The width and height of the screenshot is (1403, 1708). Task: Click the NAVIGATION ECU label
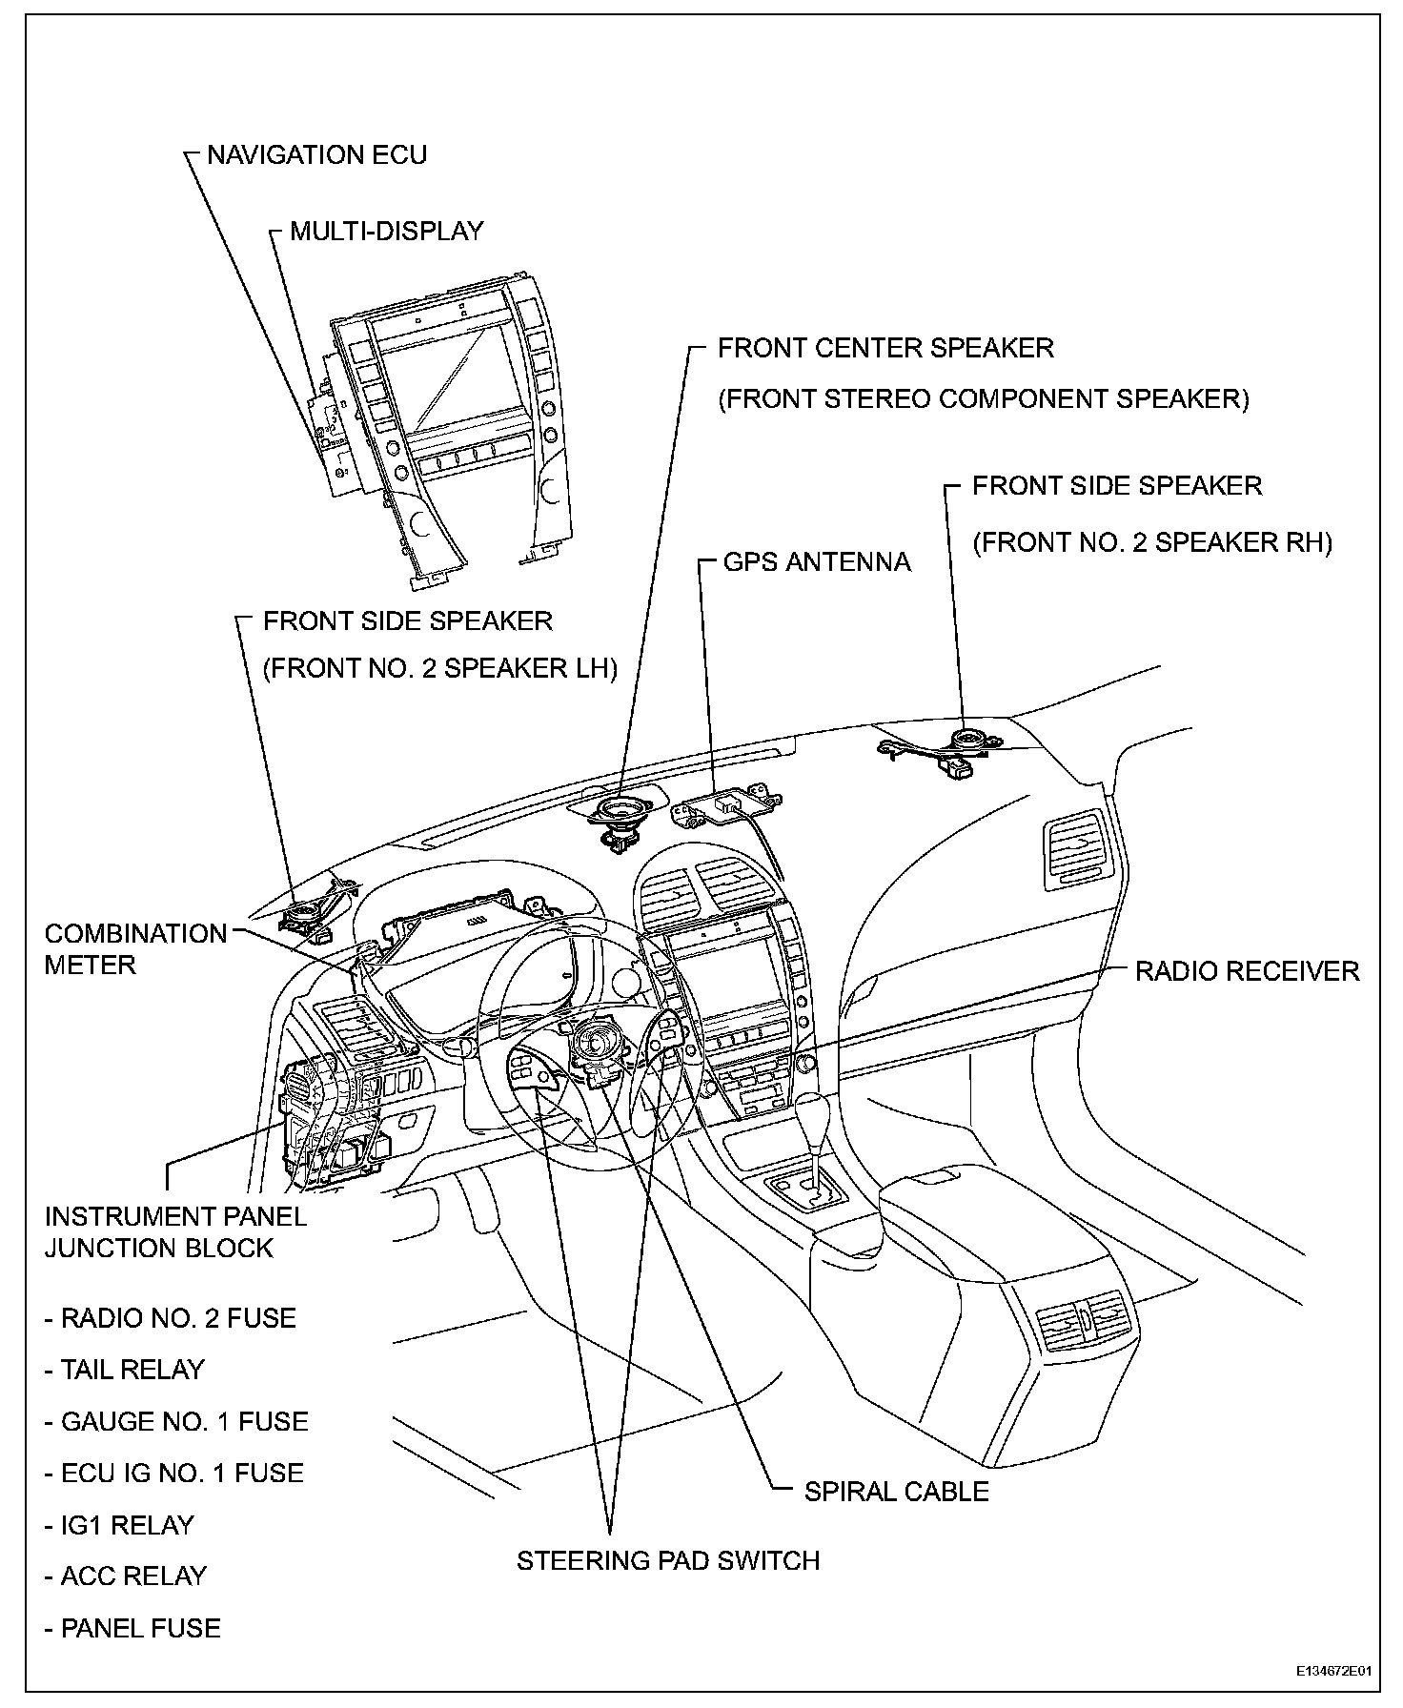[x=316, y=155]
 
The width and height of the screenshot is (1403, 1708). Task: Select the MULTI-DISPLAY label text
[x=386, y=232]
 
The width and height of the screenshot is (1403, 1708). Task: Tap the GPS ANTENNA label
[x=817, y=561]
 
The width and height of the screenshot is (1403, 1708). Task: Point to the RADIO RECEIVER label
[x=1247, y=971]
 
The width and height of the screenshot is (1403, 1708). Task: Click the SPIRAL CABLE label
[x=896, y=1492]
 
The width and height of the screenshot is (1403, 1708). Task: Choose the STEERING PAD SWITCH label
[x=667, y=1561]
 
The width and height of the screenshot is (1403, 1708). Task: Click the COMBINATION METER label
[x=135, y=948]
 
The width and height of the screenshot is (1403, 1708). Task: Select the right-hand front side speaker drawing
[x=968, y=740]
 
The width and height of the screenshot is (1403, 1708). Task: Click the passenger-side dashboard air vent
[x=1077, y=844]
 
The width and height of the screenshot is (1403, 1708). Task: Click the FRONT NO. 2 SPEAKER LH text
[x=439, y=668]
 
